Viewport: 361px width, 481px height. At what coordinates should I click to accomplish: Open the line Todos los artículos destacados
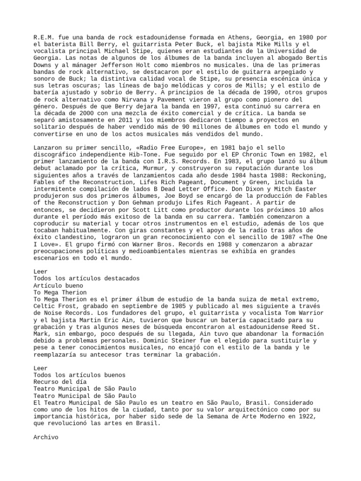86,279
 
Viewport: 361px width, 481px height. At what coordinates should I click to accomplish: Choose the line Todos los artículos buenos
79,375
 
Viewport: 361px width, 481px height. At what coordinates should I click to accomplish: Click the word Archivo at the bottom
46,437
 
